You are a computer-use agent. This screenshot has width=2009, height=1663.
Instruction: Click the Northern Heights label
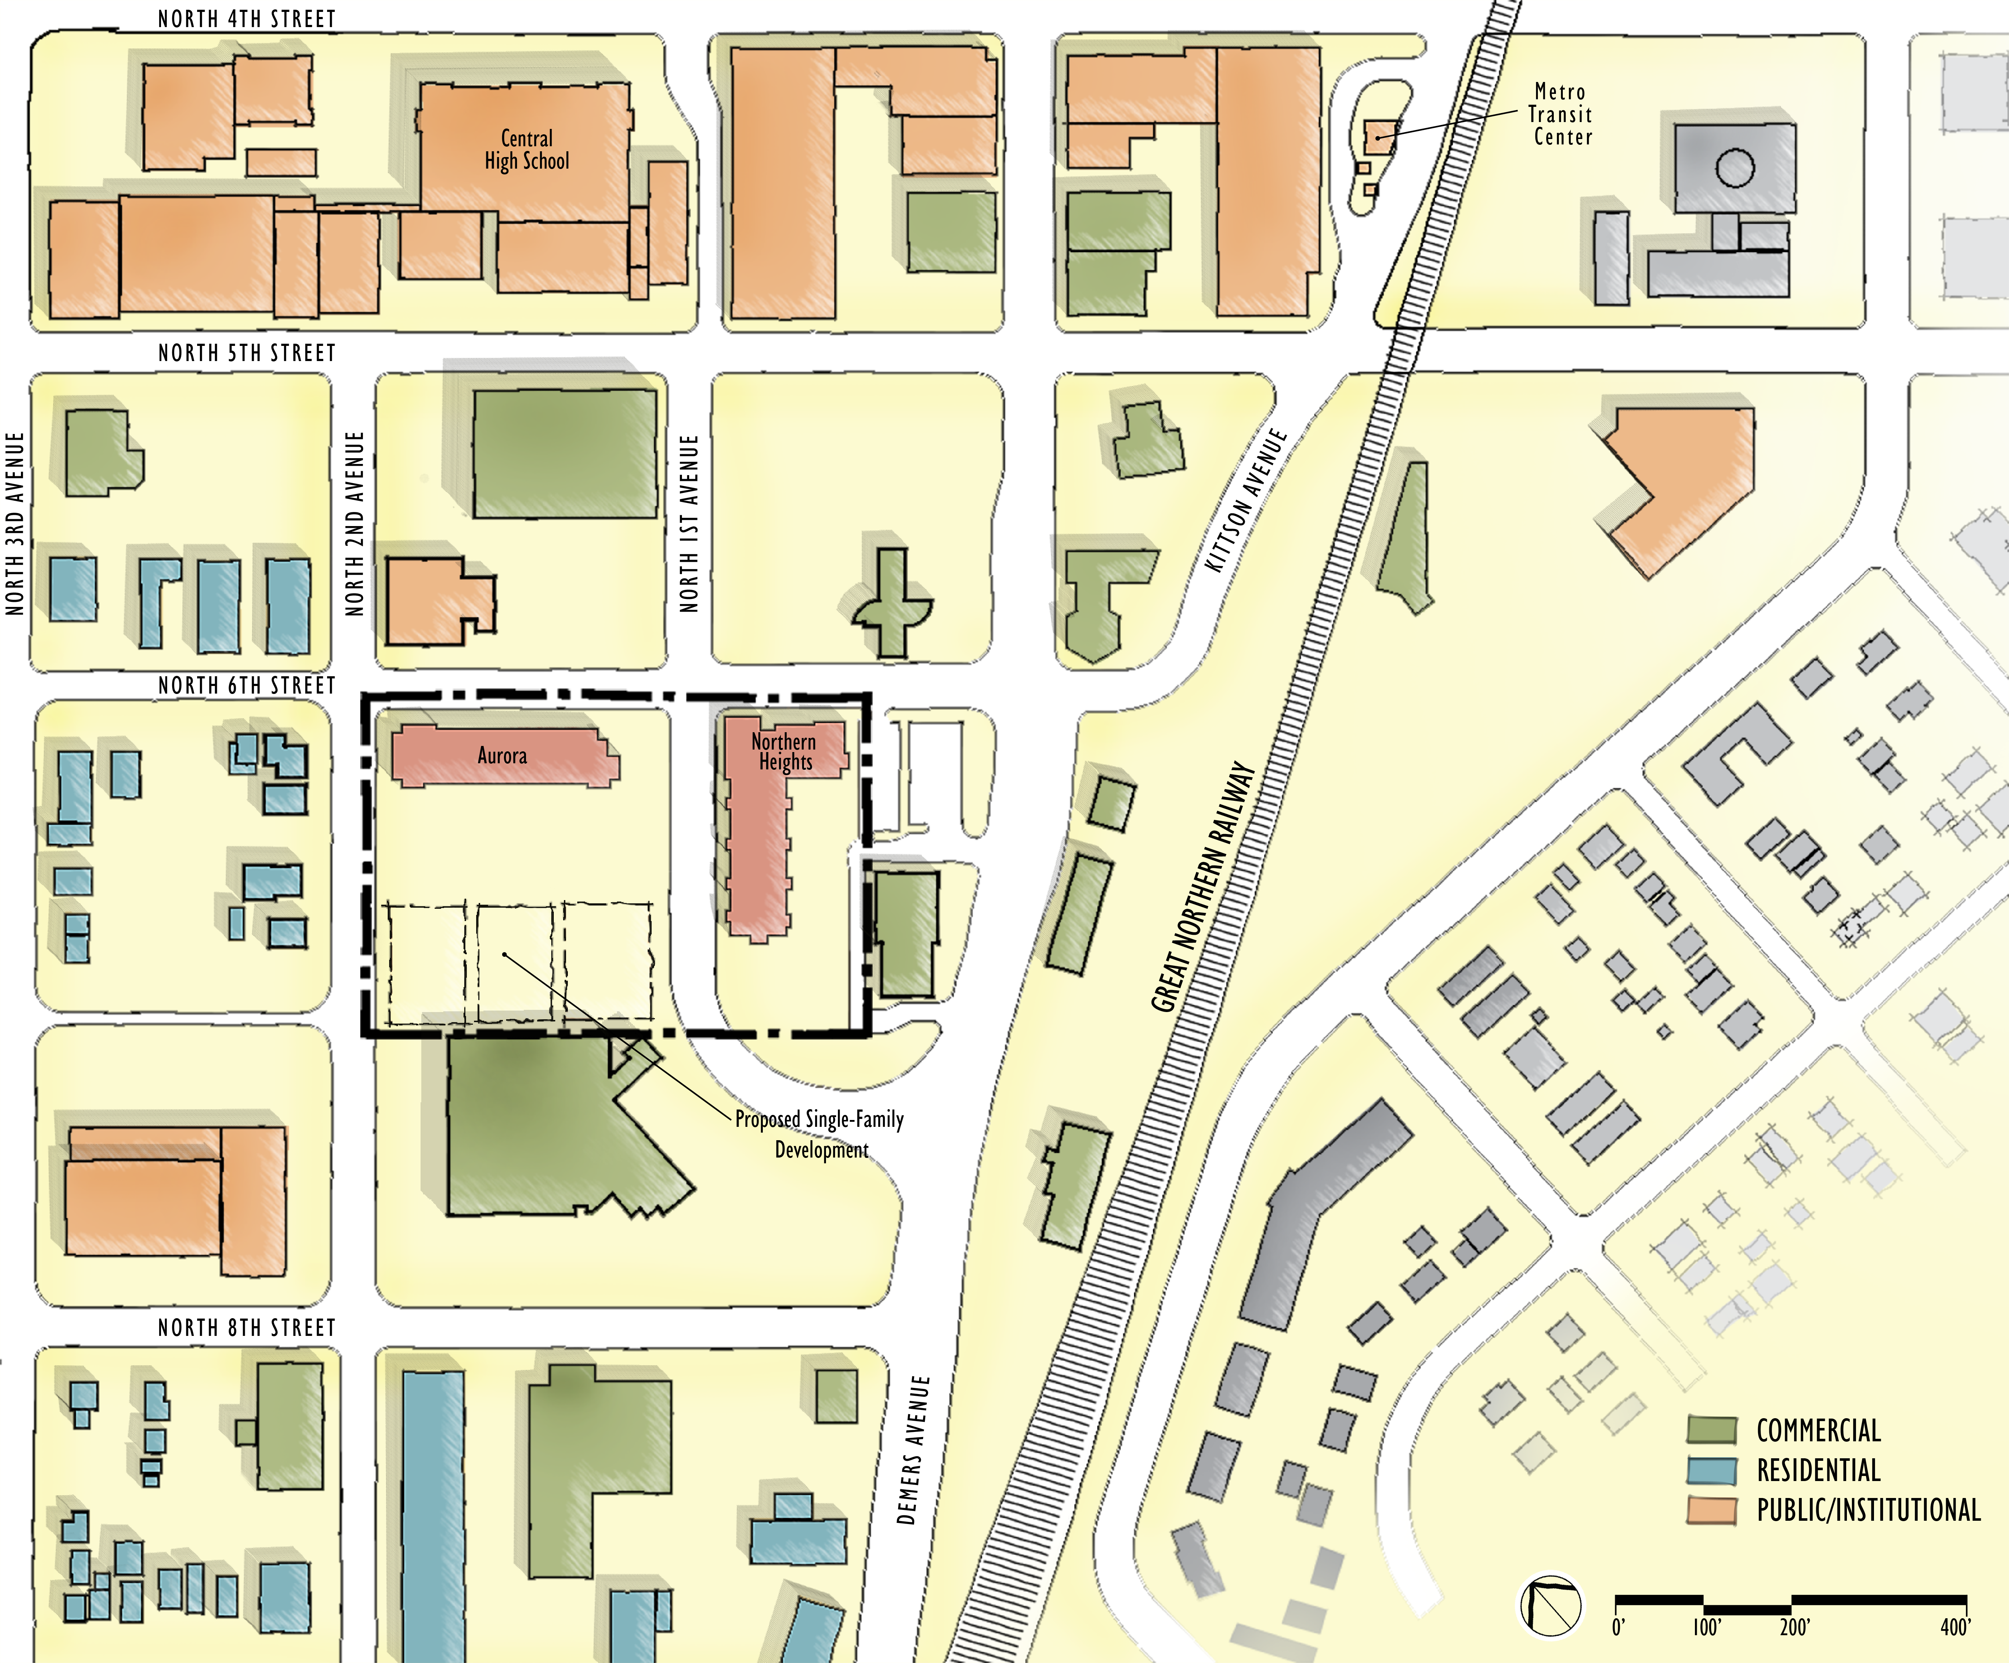click(x=783, y=752)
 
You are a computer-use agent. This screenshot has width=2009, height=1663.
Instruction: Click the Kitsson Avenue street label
click(x=1245, y=500)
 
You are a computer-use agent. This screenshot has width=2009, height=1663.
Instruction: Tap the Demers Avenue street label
click(x=914, y=1450)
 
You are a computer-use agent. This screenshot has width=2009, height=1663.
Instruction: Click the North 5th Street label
click(x=247, y=353)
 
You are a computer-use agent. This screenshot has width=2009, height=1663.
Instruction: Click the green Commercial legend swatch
click(x=1712, y=1430)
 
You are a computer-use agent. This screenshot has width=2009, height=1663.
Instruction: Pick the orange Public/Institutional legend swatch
click(x=1712, y=1510)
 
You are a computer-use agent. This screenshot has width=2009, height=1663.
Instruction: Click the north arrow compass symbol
click(x=1550, y=1605)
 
